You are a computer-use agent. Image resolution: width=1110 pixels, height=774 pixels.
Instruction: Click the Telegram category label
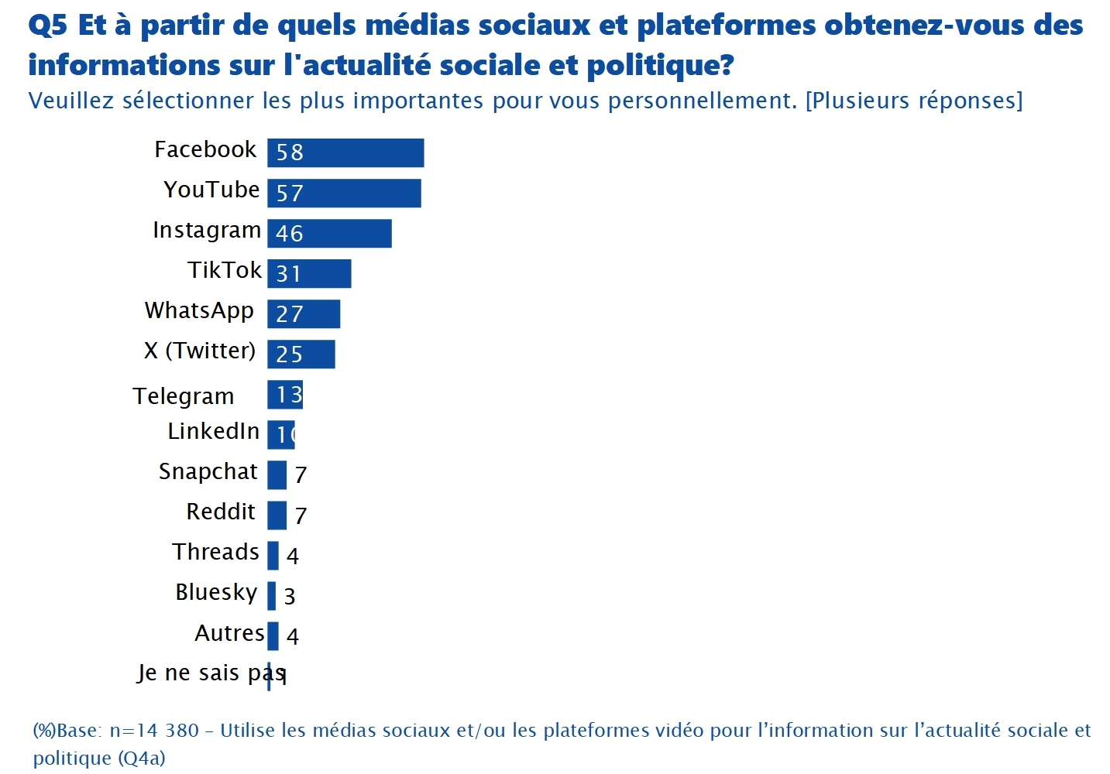(184, 396)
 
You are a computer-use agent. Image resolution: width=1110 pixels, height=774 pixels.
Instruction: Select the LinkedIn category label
(214, 431)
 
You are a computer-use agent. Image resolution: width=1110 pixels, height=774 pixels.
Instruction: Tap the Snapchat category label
(208, 471)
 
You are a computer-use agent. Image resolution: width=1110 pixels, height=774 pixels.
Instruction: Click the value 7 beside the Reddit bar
(301, 515)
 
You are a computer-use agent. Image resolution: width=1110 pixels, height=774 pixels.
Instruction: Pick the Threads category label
(215, 552)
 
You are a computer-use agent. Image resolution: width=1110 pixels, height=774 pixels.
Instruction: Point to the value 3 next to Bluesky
(290, 596)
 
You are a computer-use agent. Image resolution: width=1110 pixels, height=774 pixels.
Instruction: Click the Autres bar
(273, 636)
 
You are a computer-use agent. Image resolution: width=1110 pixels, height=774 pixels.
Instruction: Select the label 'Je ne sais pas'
(211, 673)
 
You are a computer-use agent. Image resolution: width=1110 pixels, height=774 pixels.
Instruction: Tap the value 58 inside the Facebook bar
(290, 152)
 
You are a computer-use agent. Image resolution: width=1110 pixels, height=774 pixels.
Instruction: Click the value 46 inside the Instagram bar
(290, 233)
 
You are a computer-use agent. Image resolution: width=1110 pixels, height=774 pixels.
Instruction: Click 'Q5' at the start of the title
(48, 26)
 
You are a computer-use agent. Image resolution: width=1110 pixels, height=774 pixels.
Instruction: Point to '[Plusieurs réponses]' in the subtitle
(914, 101)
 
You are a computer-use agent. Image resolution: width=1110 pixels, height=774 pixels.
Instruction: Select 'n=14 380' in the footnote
(154, 731)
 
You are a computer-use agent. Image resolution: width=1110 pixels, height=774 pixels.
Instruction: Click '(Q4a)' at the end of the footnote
(142, 759)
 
